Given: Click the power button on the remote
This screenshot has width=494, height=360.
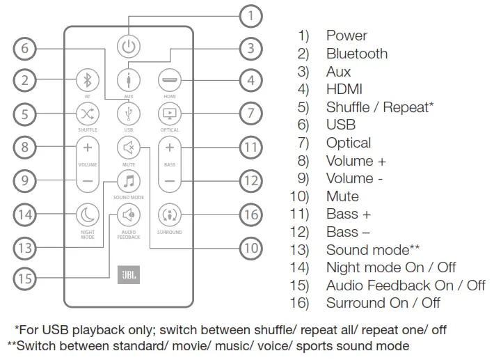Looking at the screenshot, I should click(x=129, y=47).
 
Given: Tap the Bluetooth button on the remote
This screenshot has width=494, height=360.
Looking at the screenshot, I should click(x=88, y=78).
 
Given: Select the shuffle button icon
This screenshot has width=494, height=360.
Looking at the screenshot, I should click(x=88, y=113).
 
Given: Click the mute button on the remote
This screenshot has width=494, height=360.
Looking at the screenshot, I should click(x=129, y=148).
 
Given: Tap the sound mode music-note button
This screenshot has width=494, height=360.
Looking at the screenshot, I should click(x=129, y=181).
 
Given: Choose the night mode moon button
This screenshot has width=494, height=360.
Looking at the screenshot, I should click(x=88, y=214).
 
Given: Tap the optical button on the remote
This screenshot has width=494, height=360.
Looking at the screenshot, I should click(x=169, y=113).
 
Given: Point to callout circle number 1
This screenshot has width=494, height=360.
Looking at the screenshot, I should click(x=251, y=15).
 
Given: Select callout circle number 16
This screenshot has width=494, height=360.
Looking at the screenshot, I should click(x=251, y=214).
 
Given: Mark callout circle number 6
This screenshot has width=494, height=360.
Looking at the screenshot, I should click(x=26, y=49).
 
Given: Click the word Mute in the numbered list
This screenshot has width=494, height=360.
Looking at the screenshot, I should click(x=342, y=196).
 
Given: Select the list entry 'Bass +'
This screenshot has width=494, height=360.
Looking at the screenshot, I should click(x=348, y=214).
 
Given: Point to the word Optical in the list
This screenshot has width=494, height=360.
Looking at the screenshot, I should click(x=349, y=143).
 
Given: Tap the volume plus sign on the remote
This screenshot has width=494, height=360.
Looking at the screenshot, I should click(x=88, y=148).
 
